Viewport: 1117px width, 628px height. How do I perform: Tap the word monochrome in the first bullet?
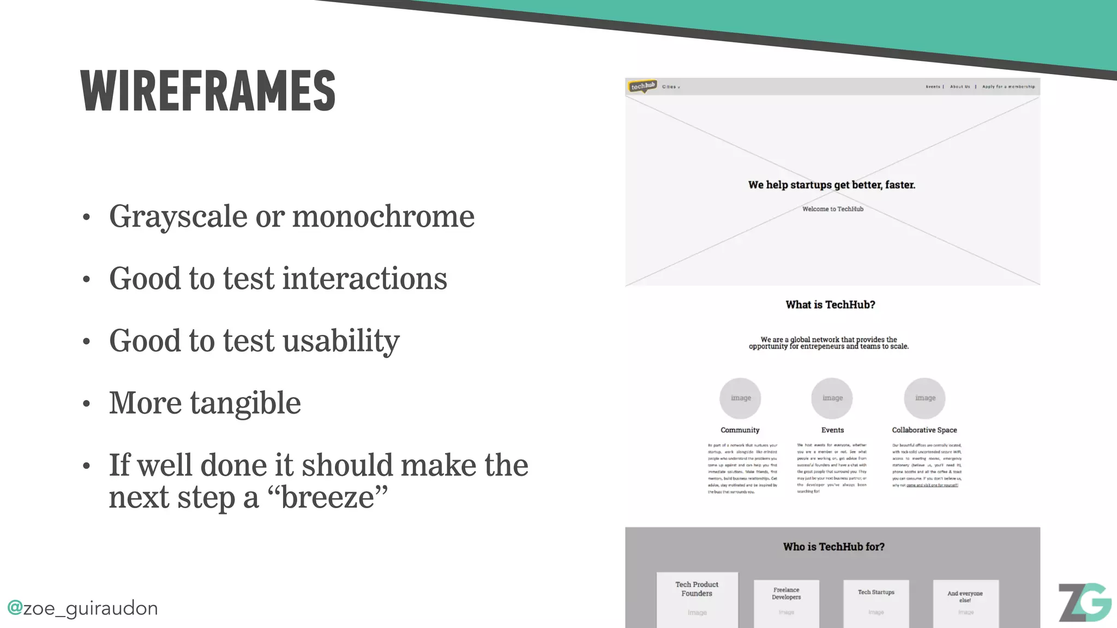click(383, 216)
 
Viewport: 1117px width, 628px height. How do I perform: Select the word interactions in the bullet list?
click(364, 279)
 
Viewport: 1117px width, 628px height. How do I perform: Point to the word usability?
click(341, 341)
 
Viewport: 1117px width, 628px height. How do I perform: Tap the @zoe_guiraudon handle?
click(82, 608)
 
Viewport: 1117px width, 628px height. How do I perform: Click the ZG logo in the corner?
click(1084, 602)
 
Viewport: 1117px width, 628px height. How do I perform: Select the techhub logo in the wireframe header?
click(642, 86)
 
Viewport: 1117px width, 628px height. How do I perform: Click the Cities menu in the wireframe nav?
click(671, 87)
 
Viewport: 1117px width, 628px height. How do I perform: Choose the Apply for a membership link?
click(1008, 87)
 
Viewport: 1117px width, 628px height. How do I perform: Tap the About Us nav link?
click(960, 87)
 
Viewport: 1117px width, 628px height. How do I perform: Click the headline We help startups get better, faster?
click(832, 185)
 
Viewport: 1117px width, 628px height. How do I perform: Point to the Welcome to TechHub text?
click(833, 209)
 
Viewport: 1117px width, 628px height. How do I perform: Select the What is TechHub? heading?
click(830, 305)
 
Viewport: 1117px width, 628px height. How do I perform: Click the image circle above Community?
click(740, 398)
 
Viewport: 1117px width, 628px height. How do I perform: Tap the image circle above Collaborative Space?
click(924, 398)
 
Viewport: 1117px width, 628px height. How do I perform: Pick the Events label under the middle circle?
click(832, 430)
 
